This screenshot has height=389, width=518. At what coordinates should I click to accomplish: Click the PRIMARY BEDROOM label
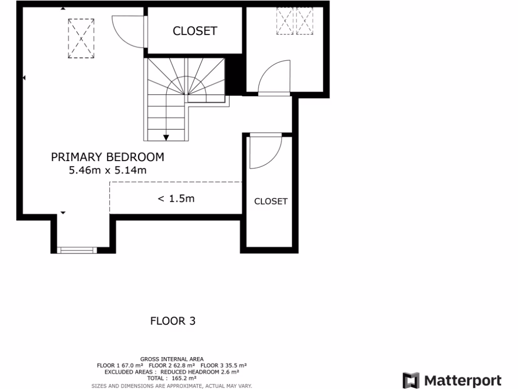[107, 157]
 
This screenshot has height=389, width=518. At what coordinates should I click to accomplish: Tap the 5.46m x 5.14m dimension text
[107, 171]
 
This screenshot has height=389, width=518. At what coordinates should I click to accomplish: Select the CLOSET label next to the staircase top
[195, 31]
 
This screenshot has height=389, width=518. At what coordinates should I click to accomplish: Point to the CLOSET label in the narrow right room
[271, 201]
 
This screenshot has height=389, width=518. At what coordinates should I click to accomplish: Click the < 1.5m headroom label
[176, 199]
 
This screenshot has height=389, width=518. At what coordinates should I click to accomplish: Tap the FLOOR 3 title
[173, 321]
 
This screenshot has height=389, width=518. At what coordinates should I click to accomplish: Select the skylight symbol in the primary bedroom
[81, 38]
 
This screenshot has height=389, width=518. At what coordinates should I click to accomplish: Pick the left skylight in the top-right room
[285, 21]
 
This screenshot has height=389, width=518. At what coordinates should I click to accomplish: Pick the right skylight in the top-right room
[305, 21]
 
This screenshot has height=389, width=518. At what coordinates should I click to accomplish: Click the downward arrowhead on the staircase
[166, 137]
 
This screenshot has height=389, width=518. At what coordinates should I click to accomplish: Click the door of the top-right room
[274, 79]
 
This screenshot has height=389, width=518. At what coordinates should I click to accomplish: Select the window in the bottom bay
[76, 250]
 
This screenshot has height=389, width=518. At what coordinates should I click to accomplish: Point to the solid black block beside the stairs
[233, 76]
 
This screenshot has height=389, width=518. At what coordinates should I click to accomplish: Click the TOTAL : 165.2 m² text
[171, 378]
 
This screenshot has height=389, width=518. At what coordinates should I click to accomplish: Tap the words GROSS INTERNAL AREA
[171, 359]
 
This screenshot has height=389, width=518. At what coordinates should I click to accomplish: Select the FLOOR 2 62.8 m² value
[171, 365]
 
